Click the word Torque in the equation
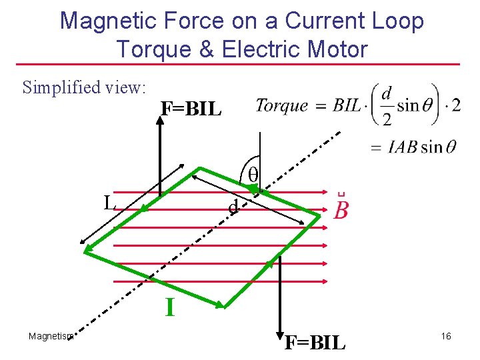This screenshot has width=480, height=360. [282, 105]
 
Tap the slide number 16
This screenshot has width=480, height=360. [446, 336]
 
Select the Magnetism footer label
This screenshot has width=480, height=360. [51, 336]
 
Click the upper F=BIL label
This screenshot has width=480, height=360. [191, 109]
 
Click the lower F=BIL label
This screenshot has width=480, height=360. [315, 343]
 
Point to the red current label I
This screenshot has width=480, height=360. [170, 307]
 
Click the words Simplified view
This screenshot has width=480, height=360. [84, 87]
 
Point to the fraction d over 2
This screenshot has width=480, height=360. [386, 105]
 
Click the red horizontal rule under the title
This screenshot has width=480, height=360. [240, 65]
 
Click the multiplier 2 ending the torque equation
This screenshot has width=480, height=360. [455, 105]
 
